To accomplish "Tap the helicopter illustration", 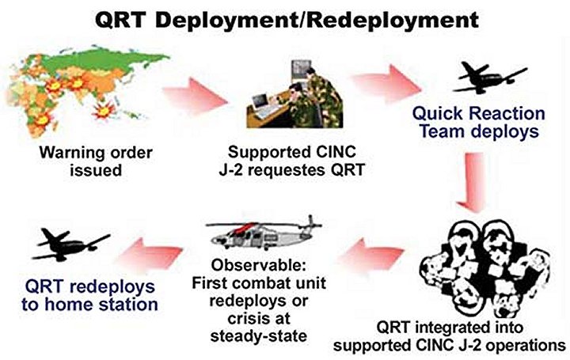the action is (x=264, y=233).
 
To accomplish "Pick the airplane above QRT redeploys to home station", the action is (x=71, y=244).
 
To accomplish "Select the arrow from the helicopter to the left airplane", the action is (x=150, y=256).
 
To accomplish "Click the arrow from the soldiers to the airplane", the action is (x=386, y=84).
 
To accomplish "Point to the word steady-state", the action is (x=258, y=336).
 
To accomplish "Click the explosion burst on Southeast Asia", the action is (x=103, y=111).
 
